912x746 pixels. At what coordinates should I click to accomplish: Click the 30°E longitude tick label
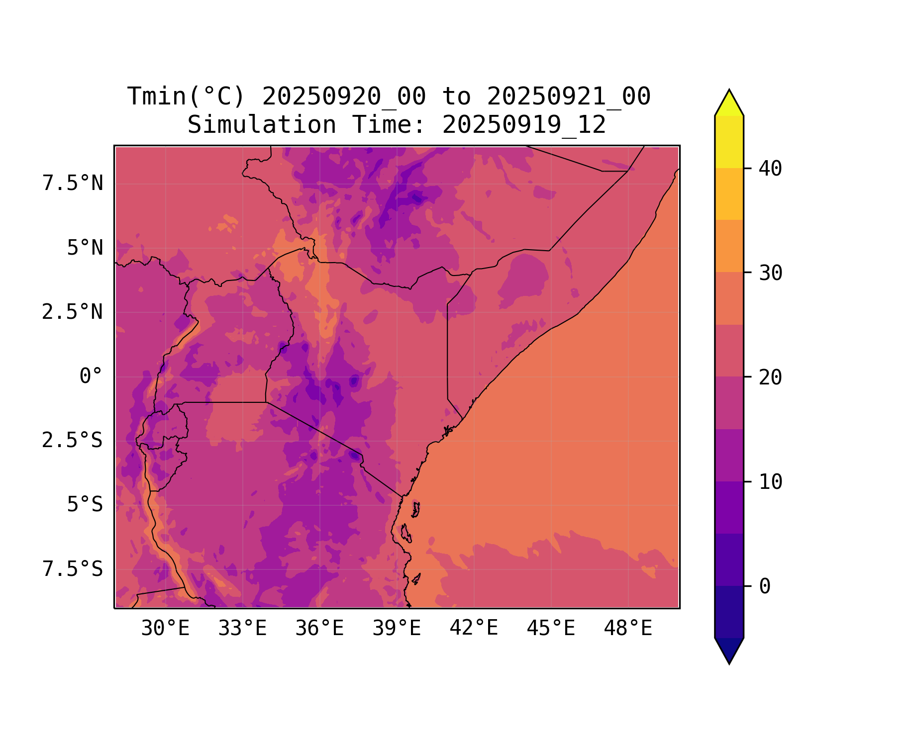pyautogui.click(x=165, y=629)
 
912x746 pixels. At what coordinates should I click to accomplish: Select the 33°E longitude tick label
pyautogui.click(x=242, y=629)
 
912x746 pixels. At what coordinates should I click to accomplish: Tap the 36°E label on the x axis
pyautogui.click(x=319, y=629)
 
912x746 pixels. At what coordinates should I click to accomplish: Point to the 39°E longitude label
pyautogui.click(x=397, y=629)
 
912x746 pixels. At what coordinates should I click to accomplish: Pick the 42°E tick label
pyautogui.click(x=474, y=629)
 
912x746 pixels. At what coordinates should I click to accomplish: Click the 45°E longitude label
pyautogui.click(x=551, y=629)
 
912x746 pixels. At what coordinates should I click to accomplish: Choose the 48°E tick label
pyautogui.click(x=628, y=629)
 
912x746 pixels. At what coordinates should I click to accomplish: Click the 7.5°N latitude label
pyautogui.click(x=73, y=184)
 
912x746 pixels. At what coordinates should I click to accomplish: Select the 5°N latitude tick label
pyautogui.click(x=85, y=248)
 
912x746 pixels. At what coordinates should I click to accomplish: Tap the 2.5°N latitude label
pyautogui.click(x=73, y=312)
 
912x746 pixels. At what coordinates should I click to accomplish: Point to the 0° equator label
pyautogui.click(x=91, y=376)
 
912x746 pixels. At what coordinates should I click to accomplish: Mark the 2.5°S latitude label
pyautogui.click(x=73, y=440)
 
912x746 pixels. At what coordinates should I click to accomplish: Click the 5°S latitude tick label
pyautogui.click(x=85, y=505)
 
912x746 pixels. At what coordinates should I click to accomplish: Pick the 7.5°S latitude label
pyautogui.click(x=73, y=569)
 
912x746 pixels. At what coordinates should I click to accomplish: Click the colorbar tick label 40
pyautogui.click(x=770, y=169)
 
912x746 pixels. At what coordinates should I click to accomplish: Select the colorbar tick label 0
pyautogui.click(x=765, y=586)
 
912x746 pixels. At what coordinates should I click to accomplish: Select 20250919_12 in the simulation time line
pyautogui.click(x=524, y=125)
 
